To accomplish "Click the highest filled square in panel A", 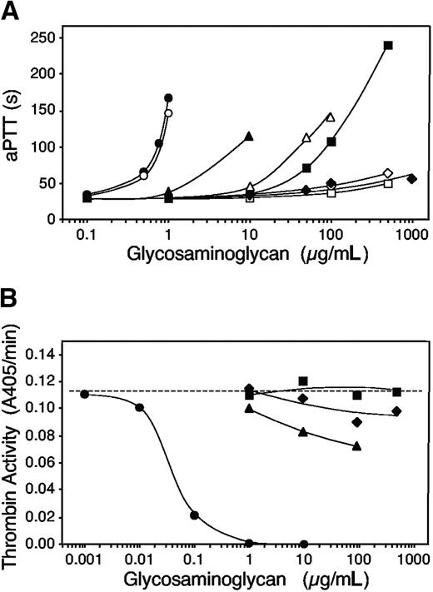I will click(x=388, y=45).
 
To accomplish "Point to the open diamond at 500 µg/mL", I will click(x=388, y=173).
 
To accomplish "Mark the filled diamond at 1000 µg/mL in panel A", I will click(x=412, y=179).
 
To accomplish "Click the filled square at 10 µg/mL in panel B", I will click(x=303, y=381).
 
